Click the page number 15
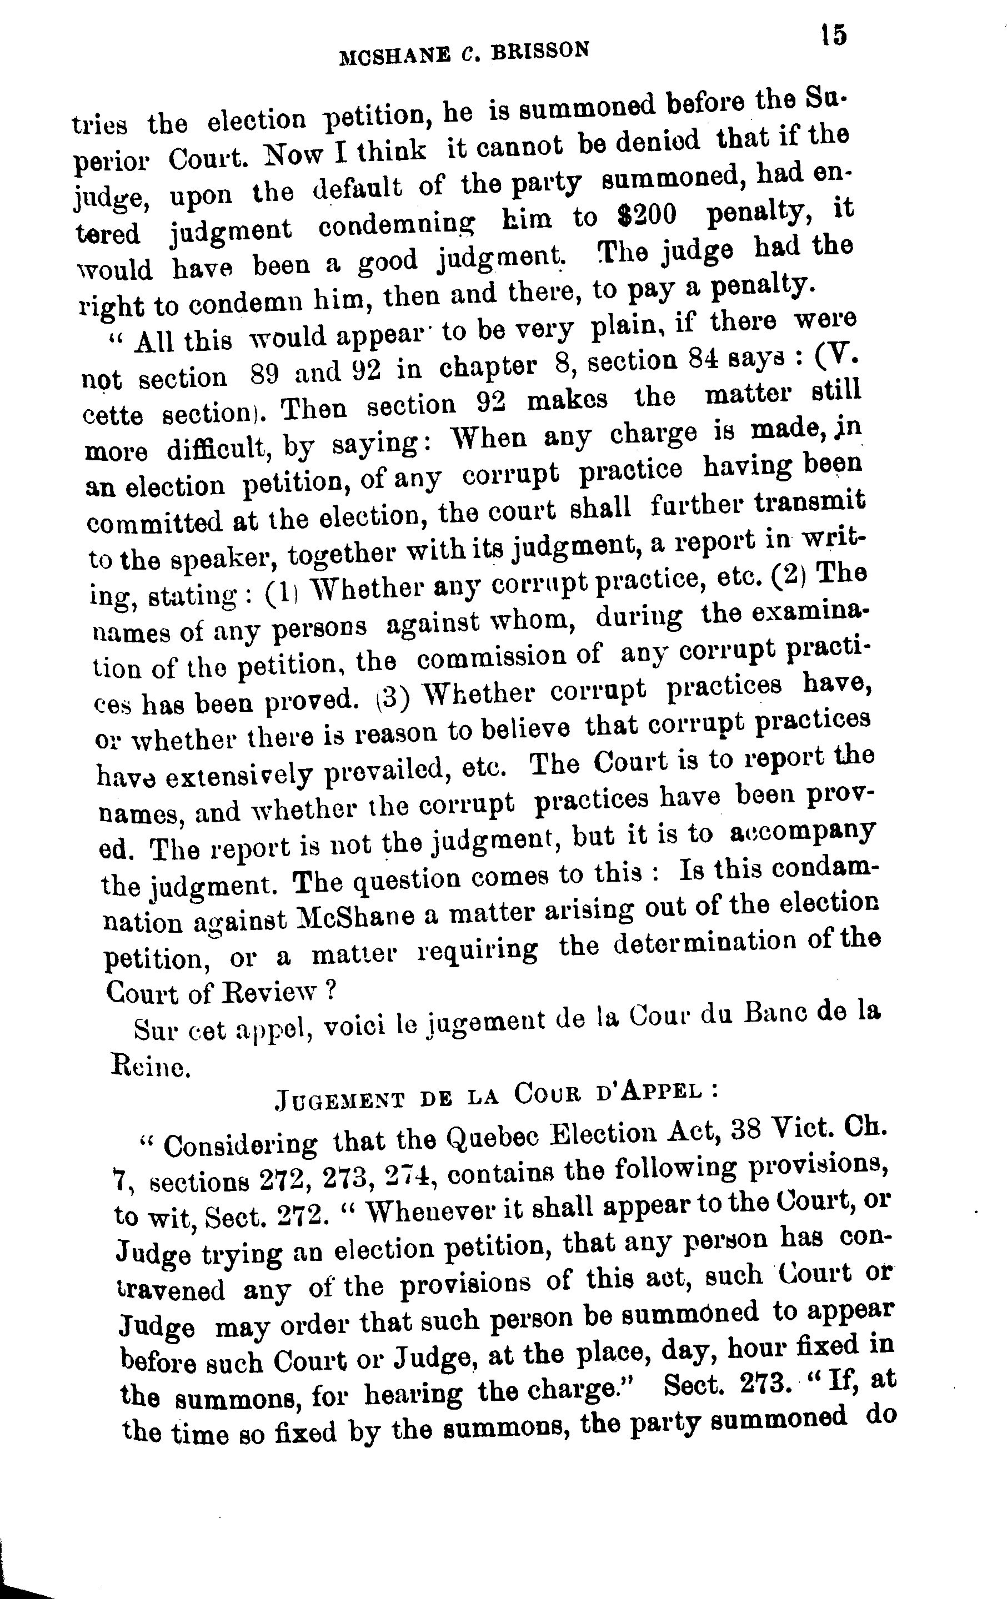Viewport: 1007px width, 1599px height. (x=833, y=34)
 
